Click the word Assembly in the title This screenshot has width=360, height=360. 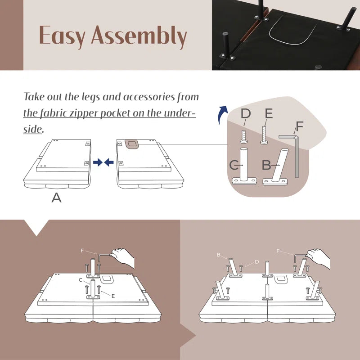point(139,36)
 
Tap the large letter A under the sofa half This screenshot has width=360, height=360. point(57,198)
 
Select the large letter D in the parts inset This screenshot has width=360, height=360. point(246,114)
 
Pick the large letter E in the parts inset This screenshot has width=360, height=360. point(269,113)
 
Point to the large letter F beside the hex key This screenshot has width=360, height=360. point(300,126)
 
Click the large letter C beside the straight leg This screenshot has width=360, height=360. point(234,165)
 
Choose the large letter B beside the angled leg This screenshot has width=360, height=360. point(266,165)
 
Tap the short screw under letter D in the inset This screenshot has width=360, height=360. point(244,137)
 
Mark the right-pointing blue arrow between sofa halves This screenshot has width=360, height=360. point(98,162)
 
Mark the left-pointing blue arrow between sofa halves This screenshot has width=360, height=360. point(109,162)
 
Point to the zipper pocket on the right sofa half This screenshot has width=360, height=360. point(132,144)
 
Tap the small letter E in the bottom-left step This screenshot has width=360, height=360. point(113,296)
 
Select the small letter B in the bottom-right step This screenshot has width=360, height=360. point(218,255)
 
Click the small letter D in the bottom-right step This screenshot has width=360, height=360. point(256,262)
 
